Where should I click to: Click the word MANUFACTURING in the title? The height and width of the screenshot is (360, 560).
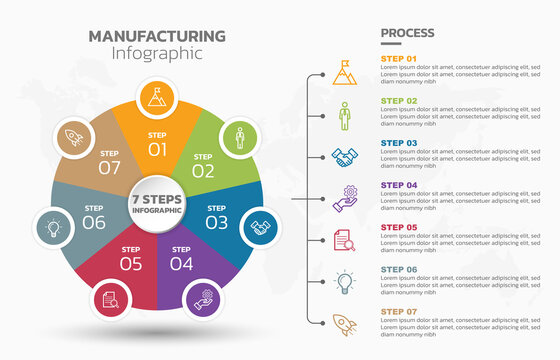point(157,36)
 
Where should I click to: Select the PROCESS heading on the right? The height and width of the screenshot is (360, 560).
point(408,33)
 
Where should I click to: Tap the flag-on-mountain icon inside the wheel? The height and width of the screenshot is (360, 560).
point(155,98)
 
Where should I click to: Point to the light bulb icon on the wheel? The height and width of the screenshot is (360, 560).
point(51,228)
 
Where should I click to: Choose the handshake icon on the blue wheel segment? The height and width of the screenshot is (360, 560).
point(261,228)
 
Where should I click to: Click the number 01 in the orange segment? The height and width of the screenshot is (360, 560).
point(158,150)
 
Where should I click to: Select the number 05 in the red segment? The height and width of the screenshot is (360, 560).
point(131,264)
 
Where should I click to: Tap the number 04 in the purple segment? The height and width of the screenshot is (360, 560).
point(181,264)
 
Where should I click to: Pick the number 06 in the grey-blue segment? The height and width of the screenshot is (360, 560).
point(94,222)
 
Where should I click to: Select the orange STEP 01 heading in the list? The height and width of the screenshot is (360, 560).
point(399,58)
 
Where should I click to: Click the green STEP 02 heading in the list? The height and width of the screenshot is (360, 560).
point(399,101)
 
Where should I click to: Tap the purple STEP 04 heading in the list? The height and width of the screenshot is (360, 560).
point(399,185)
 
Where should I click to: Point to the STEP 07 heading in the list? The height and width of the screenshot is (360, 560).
point(399,312)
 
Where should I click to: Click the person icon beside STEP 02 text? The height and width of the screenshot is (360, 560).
point(344,115)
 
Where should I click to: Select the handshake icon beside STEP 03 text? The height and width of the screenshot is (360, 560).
point(344,157)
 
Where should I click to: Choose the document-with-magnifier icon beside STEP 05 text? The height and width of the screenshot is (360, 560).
point(344,241)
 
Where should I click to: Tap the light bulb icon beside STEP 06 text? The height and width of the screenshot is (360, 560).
point(344,282)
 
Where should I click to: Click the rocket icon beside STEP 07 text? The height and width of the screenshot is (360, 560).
point(344,325)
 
